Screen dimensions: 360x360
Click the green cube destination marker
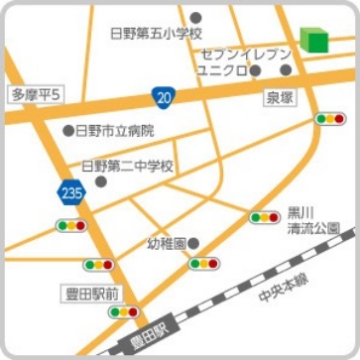pyautogui.click(x=314, y=39)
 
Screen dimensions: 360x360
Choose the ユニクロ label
pyautogui.click(x=220, y=70)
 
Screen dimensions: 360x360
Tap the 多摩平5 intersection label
pyautogui.click(x=36, y=94)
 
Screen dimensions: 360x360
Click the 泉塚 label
pyautogui.click(x=281, y=98)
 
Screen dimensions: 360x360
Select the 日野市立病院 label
pyautogui.click(x=114, y=130)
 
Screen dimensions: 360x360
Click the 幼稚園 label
pyautogui.click(x=166, y=243)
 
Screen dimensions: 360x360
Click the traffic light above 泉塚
pyautogui.click(x=328, y=118)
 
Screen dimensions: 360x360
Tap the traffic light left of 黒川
pyautogui.click(x=264, y=216)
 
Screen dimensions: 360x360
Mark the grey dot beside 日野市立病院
pyautogui.click(x=68, y=130)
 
